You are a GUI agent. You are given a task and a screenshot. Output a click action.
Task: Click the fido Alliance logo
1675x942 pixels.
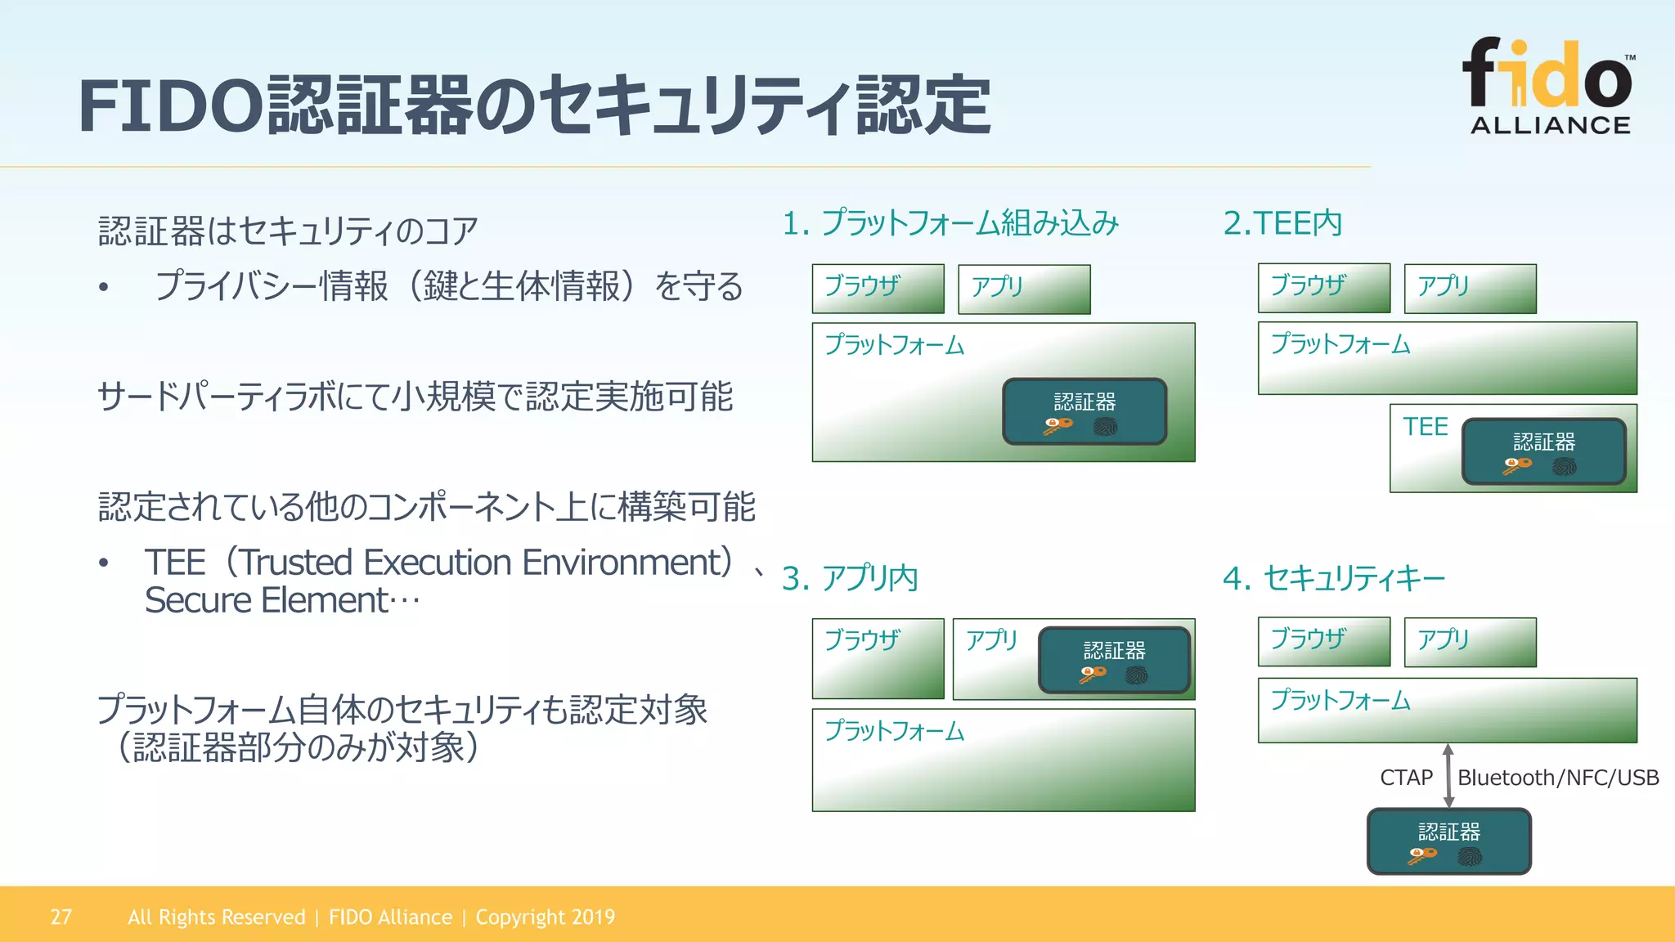tap(1549, 86)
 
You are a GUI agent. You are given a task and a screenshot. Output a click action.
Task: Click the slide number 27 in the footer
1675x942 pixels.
tap(61, 917)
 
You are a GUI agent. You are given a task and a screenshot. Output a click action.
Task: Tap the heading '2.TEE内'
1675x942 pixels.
tap(1282, 222)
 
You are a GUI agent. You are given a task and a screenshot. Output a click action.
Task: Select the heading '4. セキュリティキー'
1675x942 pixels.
tap(1333, 578)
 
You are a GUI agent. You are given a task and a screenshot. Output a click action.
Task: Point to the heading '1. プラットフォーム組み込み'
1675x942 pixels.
tap(950, 222)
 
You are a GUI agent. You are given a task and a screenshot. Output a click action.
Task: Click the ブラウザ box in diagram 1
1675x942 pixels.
tap(878, 289)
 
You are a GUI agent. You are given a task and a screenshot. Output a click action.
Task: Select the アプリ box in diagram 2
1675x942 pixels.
tap(1470, 288)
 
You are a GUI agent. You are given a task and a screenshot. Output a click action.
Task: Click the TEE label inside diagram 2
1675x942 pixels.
tap(1425, 426)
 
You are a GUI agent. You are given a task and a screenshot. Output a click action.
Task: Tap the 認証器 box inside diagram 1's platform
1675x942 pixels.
tap(1084, 410)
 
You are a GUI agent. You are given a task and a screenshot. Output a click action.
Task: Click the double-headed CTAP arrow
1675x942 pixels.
tap(1448, 776)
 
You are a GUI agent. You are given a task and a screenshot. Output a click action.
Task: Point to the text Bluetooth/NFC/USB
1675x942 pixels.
tap(1558, 778)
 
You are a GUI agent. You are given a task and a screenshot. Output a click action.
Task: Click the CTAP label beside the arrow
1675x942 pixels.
tap(1406, 778)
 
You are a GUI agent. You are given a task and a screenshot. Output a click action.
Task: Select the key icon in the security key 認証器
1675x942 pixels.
tap(1422, 855)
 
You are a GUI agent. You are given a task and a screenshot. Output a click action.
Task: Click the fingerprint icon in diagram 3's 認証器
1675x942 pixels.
tap(1136, 675)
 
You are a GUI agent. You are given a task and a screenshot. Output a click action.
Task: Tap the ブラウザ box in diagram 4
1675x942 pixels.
tap(1323, 641)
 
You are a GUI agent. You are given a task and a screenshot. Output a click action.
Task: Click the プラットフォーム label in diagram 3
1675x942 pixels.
tap(894, 730)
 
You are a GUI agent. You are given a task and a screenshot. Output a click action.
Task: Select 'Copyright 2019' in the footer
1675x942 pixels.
tap(545, 917)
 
